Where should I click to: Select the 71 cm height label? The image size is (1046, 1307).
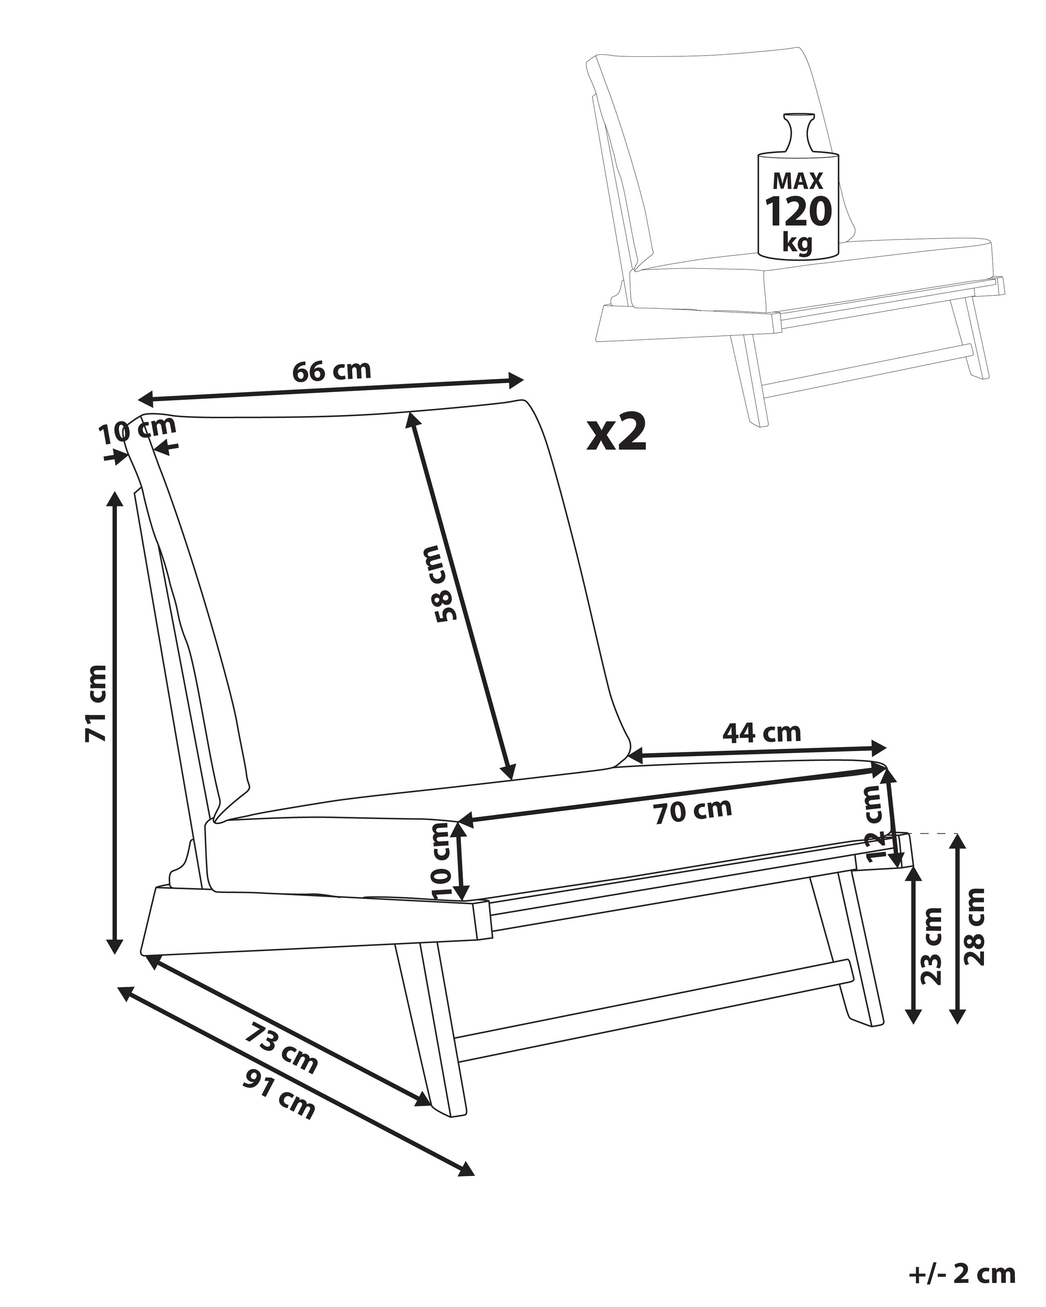tap(96, 703)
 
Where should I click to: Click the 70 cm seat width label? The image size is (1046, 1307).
tap(693, 811)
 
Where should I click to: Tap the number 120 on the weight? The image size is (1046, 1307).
tap(798, 212)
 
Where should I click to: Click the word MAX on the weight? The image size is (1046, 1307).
tap(798, 181)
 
